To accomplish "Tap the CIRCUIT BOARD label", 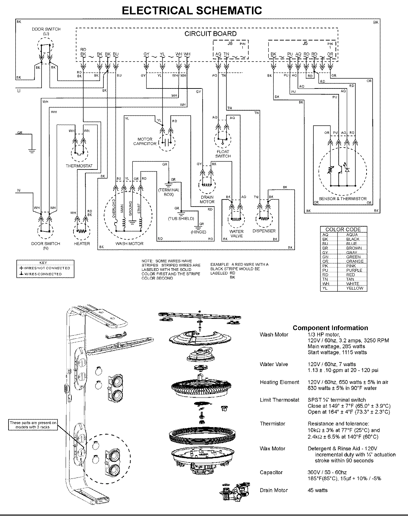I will (x=210, y=34).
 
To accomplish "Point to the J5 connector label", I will (x=305, y=44).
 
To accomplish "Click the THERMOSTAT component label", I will (x=79, y=166).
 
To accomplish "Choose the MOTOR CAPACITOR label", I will (x=145, y=141).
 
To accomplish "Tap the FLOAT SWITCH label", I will (x=223, y=154).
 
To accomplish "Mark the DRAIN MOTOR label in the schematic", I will (x=207, y=199).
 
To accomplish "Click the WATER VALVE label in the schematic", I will (x=237, y=233).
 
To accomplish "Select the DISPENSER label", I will (x=264, y=231).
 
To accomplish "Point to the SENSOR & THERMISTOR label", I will (x=343, y=198).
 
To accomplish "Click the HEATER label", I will (x=82, y=243).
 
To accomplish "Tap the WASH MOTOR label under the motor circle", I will (x=130, y=243).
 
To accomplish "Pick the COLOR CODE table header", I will (x=343, y=229).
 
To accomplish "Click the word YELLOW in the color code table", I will (x=355, y=288).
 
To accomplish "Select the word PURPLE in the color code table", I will (x=354, y=270).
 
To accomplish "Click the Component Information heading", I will (x=330, y=328).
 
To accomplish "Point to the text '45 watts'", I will (x=318, y=490).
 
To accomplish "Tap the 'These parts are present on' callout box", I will (x=33, y=424).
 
